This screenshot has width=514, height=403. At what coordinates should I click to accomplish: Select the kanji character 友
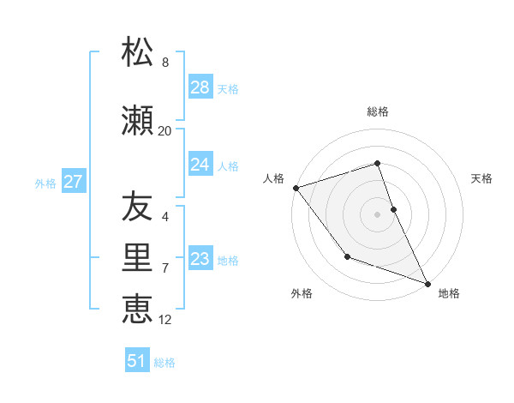(137, 206)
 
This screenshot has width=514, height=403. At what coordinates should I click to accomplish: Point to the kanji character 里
(137, 257)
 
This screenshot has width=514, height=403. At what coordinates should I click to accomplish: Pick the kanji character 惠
(137, 309)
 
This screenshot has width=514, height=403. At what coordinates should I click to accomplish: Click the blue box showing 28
(200, 87)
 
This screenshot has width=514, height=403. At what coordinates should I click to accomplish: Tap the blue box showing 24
(200, 165)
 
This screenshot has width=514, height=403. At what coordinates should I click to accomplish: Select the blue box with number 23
(200, 259)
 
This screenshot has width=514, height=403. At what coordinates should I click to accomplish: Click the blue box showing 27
(73, 182)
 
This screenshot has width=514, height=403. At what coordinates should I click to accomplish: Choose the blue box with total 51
(137, 361)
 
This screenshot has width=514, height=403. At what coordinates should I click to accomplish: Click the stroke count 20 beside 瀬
(164, 131)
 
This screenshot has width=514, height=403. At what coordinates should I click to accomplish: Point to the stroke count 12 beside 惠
(165, 320)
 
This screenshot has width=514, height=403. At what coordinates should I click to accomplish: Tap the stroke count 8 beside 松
(165, 63)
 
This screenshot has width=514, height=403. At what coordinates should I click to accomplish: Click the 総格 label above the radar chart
(378, 111)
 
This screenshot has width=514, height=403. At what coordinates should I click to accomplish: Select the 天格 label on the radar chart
(482, 178)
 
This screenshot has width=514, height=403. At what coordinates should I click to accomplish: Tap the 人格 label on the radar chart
(274, 178)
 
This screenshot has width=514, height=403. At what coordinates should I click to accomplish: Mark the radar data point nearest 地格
(427, 283)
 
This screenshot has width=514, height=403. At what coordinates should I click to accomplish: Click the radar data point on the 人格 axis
(296, 188)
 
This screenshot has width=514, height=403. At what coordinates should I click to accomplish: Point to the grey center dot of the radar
(378, 214)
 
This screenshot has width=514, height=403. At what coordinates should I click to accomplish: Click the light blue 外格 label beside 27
(45, 183)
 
